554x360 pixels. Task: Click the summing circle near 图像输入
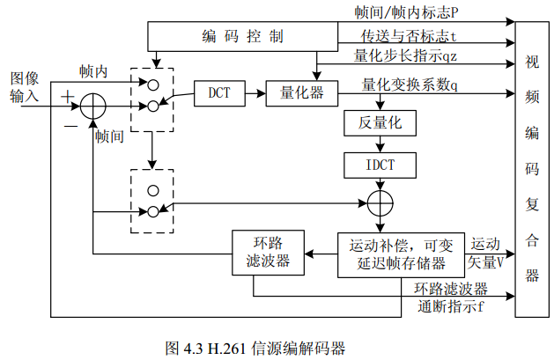(93, 107)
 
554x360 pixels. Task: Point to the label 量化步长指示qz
(406, 55)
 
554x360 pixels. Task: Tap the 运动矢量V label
(487, 253)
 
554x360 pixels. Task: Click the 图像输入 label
(24, 86)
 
